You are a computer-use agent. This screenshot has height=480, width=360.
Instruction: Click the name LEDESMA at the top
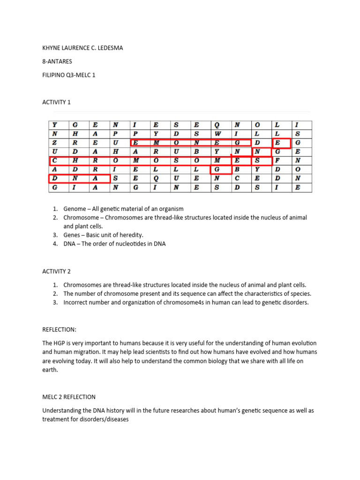110,48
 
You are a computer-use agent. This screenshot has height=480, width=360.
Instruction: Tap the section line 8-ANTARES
57,61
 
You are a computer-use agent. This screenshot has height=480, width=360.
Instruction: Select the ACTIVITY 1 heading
56,102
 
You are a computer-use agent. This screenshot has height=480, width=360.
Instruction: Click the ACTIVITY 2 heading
56,271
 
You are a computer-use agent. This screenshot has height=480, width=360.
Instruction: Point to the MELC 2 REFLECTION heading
69,397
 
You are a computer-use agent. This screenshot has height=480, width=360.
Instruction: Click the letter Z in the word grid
54,142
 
